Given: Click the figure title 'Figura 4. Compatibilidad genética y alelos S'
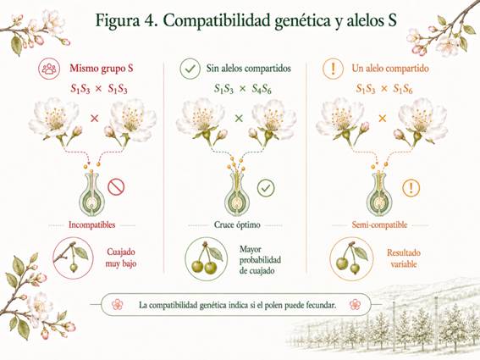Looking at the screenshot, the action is (246, 20).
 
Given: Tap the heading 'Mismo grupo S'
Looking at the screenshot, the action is (102, 68).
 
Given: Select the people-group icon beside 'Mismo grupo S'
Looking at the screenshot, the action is (49, 69).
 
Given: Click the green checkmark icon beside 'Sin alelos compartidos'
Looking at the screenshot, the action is (190, 69).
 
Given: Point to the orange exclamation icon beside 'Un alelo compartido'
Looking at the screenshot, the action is (334, 69).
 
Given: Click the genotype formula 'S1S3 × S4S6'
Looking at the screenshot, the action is (243, 89).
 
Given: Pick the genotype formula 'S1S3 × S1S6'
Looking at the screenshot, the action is (384, 89).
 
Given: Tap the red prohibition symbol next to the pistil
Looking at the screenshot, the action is (116, 187).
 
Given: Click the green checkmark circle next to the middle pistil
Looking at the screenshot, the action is (266, 187).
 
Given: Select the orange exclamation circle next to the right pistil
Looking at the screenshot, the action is (411, 188).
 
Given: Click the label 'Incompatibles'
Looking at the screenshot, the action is (91, 224).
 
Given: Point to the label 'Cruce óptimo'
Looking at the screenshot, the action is (237, 224).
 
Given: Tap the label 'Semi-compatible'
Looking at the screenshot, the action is (379, 224).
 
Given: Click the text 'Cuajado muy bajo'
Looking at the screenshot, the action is (121, 258).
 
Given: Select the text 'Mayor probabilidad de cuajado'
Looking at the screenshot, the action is (260, 260).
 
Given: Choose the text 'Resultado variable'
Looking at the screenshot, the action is (404, 258).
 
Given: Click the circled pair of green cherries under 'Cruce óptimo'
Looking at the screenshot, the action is (207, 258).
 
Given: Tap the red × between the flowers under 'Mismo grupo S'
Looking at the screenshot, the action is (94, 119).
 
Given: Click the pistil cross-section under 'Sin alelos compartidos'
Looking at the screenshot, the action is (237, 193).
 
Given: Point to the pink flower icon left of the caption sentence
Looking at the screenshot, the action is (117, 305).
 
